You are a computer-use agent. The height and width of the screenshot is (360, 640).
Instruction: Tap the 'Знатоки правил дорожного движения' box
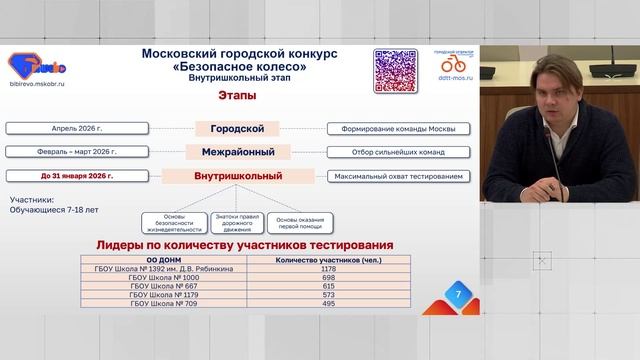pos(236,223)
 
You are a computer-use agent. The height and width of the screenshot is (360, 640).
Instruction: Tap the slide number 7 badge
pos(458,296)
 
